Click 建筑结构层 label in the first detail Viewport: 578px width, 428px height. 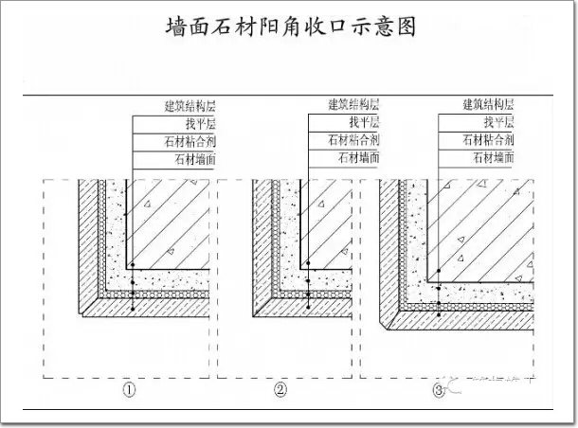(189, 105)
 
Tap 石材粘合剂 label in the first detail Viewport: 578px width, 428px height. (190, 141)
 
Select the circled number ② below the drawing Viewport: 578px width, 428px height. (280, 390)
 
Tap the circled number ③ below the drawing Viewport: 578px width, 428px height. (438, 390)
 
